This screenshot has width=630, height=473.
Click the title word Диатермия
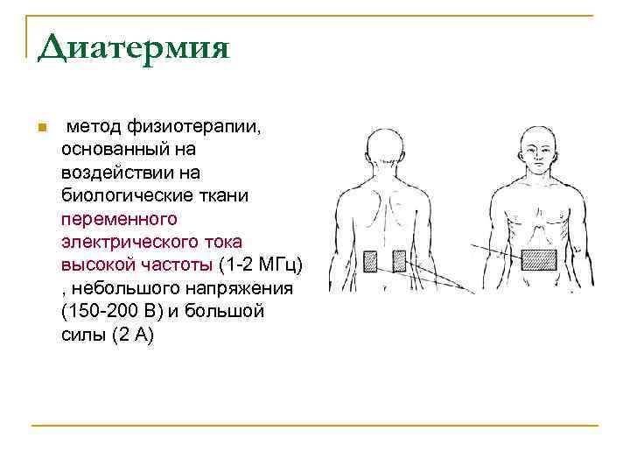133,46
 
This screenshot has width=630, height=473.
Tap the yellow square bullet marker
40,129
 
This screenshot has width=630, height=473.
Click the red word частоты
178,265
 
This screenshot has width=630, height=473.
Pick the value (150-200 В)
117,310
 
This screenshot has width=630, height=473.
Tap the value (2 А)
132,333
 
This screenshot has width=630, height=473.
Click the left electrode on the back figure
370,260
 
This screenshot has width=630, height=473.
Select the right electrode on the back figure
399,260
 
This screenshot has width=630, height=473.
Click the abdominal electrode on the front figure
539,260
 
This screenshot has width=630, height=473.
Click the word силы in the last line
84,333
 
